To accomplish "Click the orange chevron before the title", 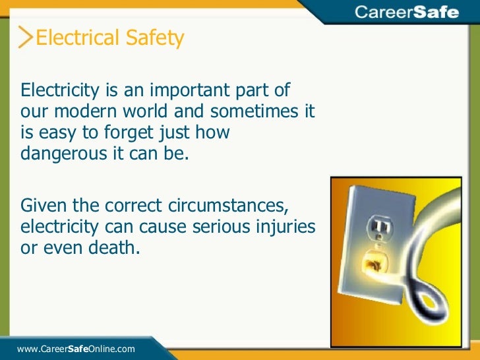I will pyautogui.click(x=26, y=38).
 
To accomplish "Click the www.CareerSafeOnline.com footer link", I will pyautogui.click(x=76, y=348).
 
